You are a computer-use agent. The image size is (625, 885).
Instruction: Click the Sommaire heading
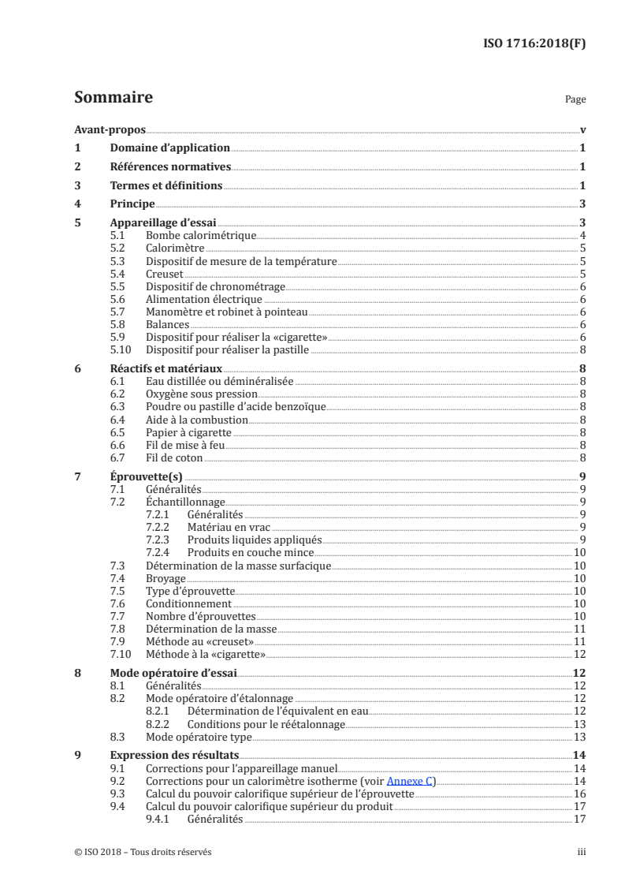pos(113,98)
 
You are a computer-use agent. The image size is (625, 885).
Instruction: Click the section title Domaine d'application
pos(169,147)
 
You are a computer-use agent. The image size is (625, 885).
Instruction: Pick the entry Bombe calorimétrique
pos(201,236)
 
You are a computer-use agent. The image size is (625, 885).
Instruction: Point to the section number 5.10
pos(120,349)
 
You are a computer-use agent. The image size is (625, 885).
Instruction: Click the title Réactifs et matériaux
pos(166,368)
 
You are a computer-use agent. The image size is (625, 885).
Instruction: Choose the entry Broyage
pos(166,578)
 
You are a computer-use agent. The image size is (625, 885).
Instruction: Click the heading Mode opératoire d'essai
pos(173,674)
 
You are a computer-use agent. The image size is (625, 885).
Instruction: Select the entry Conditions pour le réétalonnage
pos(266,724)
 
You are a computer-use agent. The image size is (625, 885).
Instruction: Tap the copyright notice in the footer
pos(143,852)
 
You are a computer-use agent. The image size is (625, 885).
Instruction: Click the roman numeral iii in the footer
pos(582,852)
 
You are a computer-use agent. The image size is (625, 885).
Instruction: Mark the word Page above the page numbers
pos(575,100)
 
